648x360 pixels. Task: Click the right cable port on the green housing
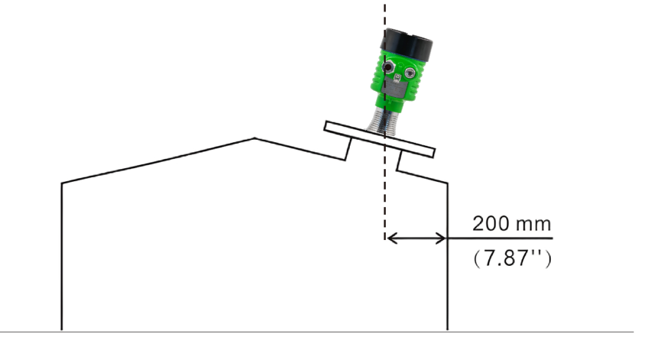(x=411, y=73)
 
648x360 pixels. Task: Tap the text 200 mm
(x=511, y=224)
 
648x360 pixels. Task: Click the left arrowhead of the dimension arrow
(x=390, y=239)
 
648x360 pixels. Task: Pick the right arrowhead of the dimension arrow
(x=442, y=239)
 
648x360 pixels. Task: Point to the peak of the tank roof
(x=254, y=139)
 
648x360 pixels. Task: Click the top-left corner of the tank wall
(x=62, y=182)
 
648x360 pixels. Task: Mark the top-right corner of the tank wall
(x=447, y=182)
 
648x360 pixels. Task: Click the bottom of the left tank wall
(x=62, y=329)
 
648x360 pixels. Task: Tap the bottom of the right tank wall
(x=447, y=329)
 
